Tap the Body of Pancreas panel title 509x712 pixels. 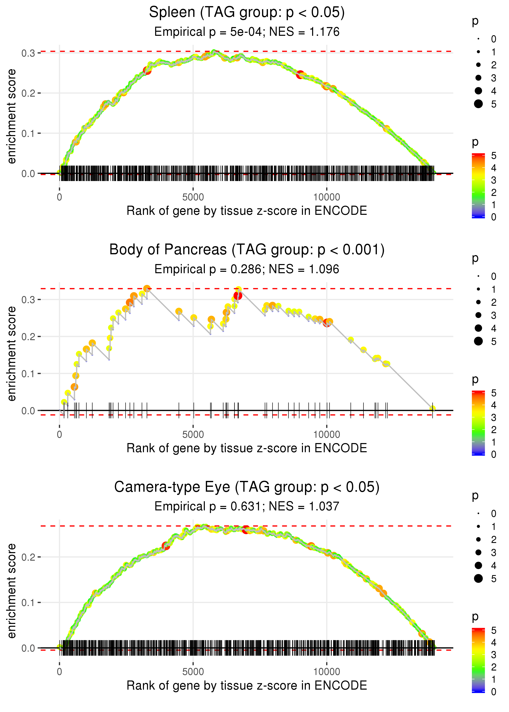(247, 250)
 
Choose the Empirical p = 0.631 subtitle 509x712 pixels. (247, 506)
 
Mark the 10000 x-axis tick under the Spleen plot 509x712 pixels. (327, 197)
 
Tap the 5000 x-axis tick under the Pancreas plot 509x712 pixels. (193, 435)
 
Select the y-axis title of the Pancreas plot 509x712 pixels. (12, 354)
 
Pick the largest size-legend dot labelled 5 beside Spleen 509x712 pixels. (478, 104)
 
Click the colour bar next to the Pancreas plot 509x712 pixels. (478, 423)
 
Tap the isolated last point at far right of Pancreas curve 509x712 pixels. (432, 408)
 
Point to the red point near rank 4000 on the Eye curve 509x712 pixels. (166, 546)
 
